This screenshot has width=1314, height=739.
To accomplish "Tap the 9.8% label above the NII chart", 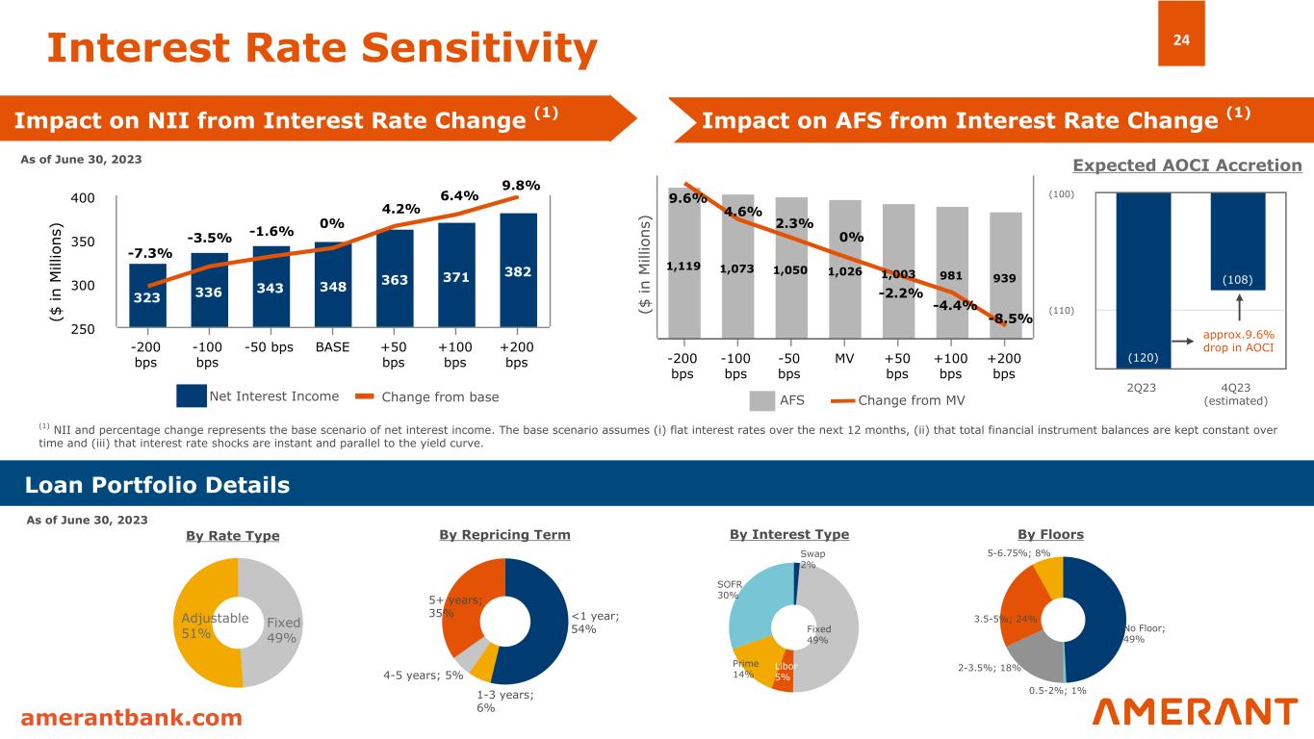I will [521, 185].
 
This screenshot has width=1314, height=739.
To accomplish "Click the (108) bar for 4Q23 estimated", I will [1238, 241].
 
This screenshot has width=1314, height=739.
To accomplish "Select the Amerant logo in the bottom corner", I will [1196, 712].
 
